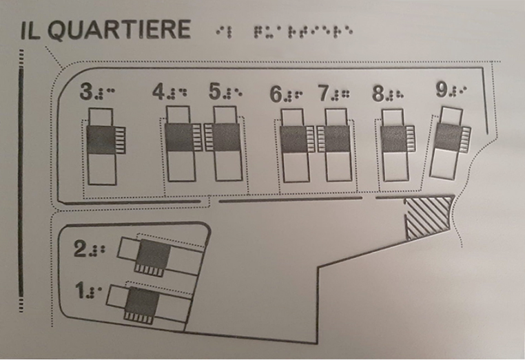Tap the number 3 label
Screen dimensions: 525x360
(86, 92)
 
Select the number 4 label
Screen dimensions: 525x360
(159, 92)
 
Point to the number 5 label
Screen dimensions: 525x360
(216, 91)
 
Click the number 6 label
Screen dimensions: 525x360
(276, 94)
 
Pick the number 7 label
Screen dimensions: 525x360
(325, 93)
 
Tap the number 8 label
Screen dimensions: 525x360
(378, 94)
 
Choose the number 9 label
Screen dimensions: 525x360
(442, 89)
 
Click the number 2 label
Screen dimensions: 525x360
(80, 249)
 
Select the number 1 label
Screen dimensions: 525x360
(80, 290)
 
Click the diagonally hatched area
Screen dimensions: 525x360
(428, 216)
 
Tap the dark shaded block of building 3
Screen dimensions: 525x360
(101, 140)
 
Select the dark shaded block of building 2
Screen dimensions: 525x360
(154, 255)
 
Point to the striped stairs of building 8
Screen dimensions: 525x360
(410, 139)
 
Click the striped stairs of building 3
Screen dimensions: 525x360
(120, 140)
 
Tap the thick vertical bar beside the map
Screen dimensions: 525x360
(21, 182)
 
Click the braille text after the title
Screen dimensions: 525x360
(285, 32)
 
